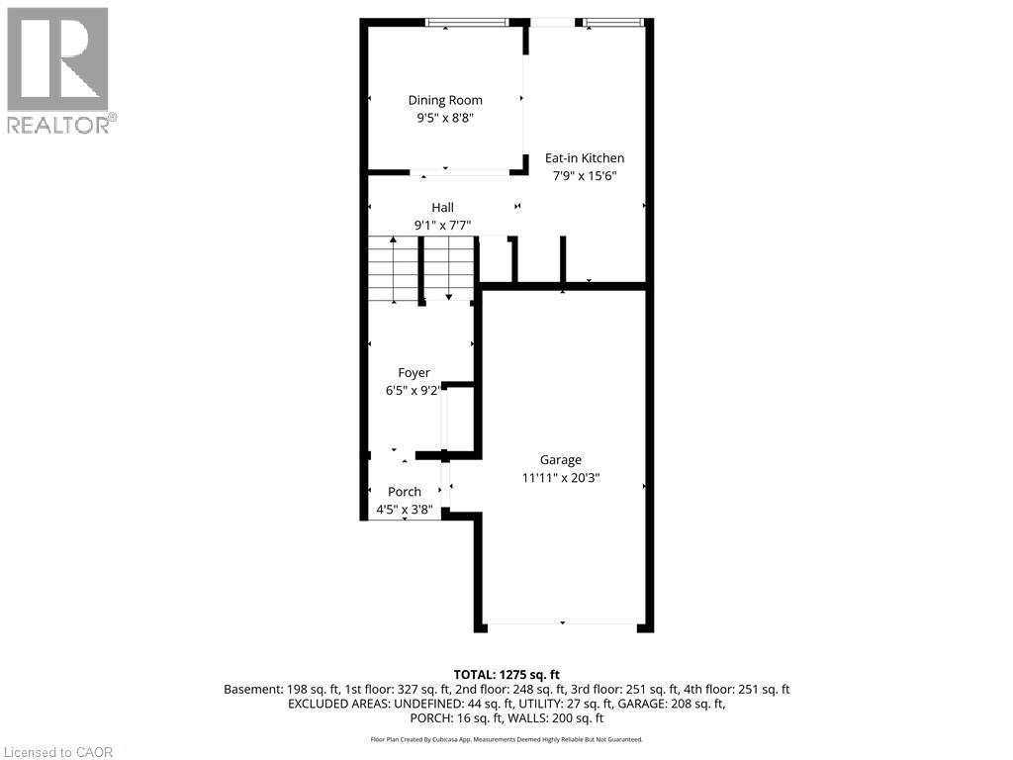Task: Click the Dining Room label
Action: pyautogui.click(x=445, y=100)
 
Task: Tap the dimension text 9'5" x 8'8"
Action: pyautogui.click(x=445, y=117)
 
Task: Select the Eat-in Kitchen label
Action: pyautogui.click(x=585, y=158)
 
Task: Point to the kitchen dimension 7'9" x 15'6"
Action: pyautogui.click(x=585, y=175)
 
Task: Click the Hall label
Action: pyautogui.click(x=442, y=208)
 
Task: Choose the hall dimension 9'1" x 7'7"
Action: pyautogui.click(x=442, y=225)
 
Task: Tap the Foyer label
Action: pyautogui.click(x=414, y=373)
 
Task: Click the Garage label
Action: pyautogui.click(x=561, y=460)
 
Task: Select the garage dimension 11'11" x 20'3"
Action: pyautogui.click(x=561, y=477)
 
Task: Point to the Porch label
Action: pyautogui.click(x=405, y=492)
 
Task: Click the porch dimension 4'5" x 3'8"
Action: pyautogui.click(x=405, y=510)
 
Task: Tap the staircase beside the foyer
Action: pyautogui.click(x=421, y=269)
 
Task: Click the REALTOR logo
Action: pyautogui.click(x=59, y=69)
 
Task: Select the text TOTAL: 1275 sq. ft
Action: pyautogui.click(x=506, y=674)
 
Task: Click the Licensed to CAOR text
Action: pyautogui.click(x=57, y=752)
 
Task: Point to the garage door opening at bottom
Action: pyautogui.click(x=562, y=623)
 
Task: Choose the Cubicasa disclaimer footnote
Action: pyautogui.click(x=506, y=739)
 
